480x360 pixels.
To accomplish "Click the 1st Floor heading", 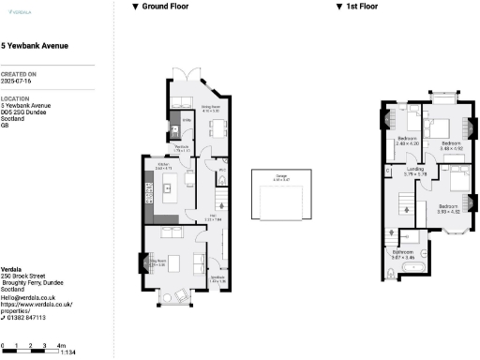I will pyautogui.click(x=364, y=7).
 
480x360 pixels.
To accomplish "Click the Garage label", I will pyautogui.click(x=280, y=175).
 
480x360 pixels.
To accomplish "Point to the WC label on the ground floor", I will pyautogui.click(x=221, y=171).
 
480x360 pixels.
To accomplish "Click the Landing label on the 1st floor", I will pyautogui.click(x=414, y=170).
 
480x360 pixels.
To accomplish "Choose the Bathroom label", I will pyautogui.click(x=404, y=251).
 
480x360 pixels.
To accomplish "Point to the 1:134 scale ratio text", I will pyautogui.click(x=67, y=352).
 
